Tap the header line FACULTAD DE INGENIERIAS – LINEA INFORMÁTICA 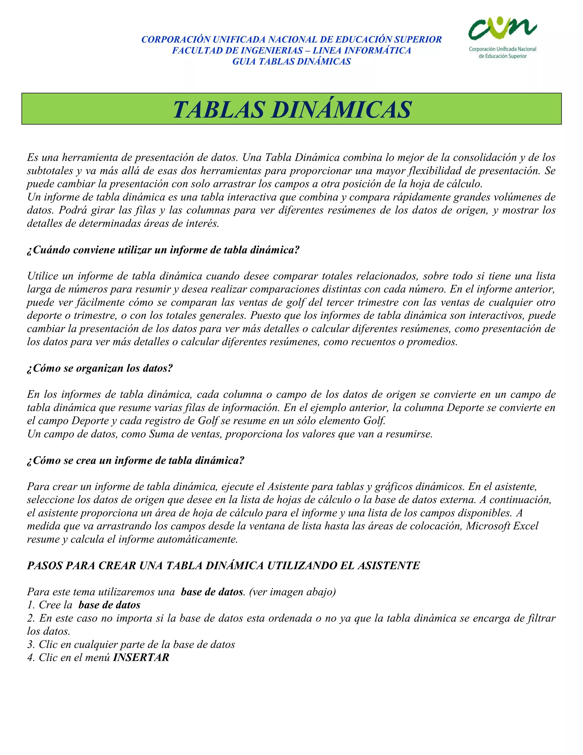(x=291, y=50)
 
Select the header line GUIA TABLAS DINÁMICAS (x=291, y=62)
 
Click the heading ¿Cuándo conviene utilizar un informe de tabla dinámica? (x=163, y=250)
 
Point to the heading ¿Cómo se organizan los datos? (x=100, y=368)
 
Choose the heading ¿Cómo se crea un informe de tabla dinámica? (x=136, y=460)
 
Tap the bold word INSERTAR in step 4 (x=141, y=657)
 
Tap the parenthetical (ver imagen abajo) (x=292, y=591)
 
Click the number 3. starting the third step (x=31, y=644)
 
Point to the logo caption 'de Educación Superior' (x=502, y=56)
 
